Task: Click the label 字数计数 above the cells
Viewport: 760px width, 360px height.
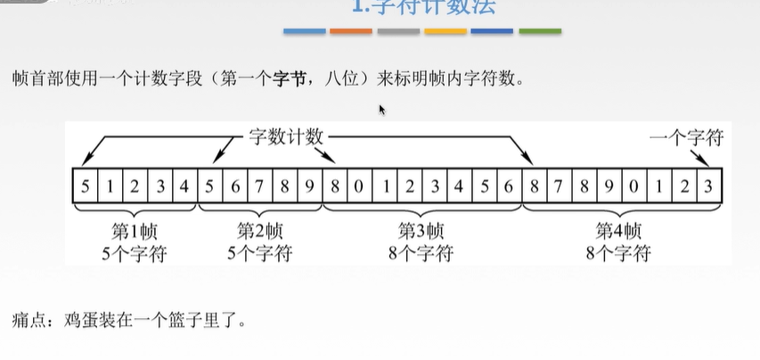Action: click(x=284, y=137)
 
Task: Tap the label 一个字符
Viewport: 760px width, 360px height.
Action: click(x=685, y=137)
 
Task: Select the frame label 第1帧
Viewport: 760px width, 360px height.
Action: click(x=134, y=230)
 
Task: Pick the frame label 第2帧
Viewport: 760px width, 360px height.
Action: click(x=260, y=230)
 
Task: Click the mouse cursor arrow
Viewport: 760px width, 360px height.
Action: click(x=382, y=110)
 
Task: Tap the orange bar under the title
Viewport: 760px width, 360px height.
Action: click(x=351, y=31)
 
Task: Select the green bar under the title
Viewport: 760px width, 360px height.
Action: click(x=540, y=31)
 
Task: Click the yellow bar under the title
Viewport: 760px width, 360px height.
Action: click(x=445, y=31)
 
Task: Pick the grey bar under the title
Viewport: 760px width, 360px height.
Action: click(x=398, y=31)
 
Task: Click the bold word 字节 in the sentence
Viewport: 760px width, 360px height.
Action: click(x=282, y=78)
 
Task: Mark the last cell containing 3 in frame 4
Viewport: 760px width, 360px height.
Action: click(x=708, y=187)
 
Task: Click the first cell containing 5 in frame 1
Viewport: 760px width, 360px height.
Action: click(x=84, y=187)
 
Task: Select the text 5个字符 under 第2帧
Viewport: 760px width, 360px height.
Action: click(x=260, y=253)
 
